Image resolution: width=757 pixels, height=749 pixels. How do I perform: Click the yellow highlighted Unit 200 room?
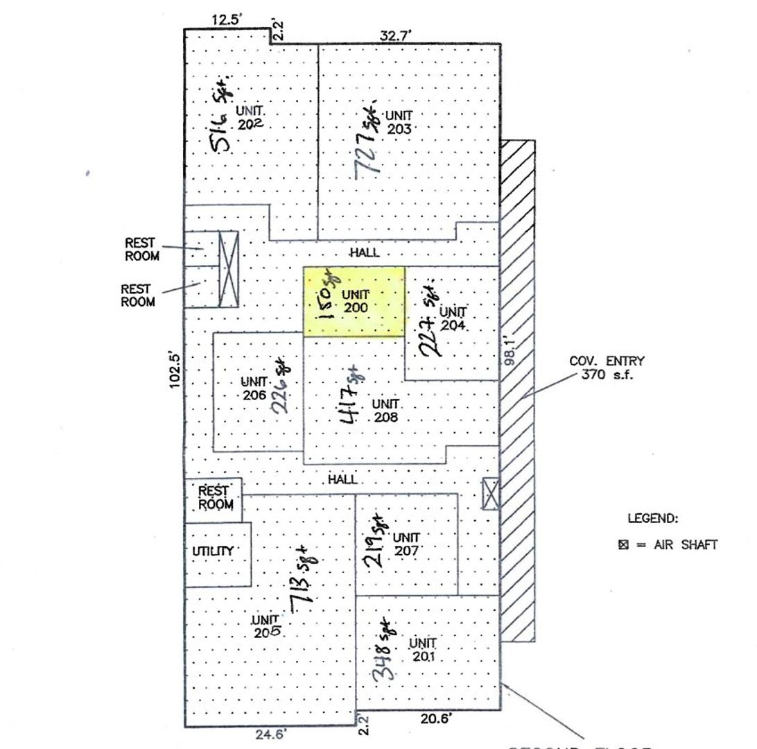[354, 302]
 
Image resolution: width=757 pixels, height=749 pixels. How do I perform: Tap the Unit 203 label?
[399, 122]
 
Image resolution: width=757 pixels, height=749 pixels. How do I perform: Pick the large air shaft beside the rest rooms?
[228, 269]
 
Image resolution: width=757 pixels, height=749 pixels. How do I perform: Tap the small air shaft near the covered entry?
[490, 494]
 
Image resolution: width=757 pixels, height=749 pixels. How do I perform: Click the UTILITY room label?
[212, 551]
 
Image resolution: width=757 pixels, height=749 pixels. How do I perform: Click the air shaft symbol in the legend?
[623, 545]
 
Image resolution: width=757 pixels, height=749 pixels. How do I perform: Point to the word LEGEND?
[652, 518]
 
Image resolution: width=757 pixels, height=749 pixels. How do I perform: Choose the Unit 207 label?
[406, 544]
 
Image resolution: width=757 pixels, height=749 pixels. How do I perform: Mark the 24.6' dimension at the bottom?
[270, 735]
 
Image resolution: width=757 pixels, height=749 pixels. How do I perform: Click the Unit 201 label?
[422, 648]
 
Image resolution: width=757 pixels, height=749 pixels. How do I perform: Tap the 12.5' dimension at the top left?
[225, 20]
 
